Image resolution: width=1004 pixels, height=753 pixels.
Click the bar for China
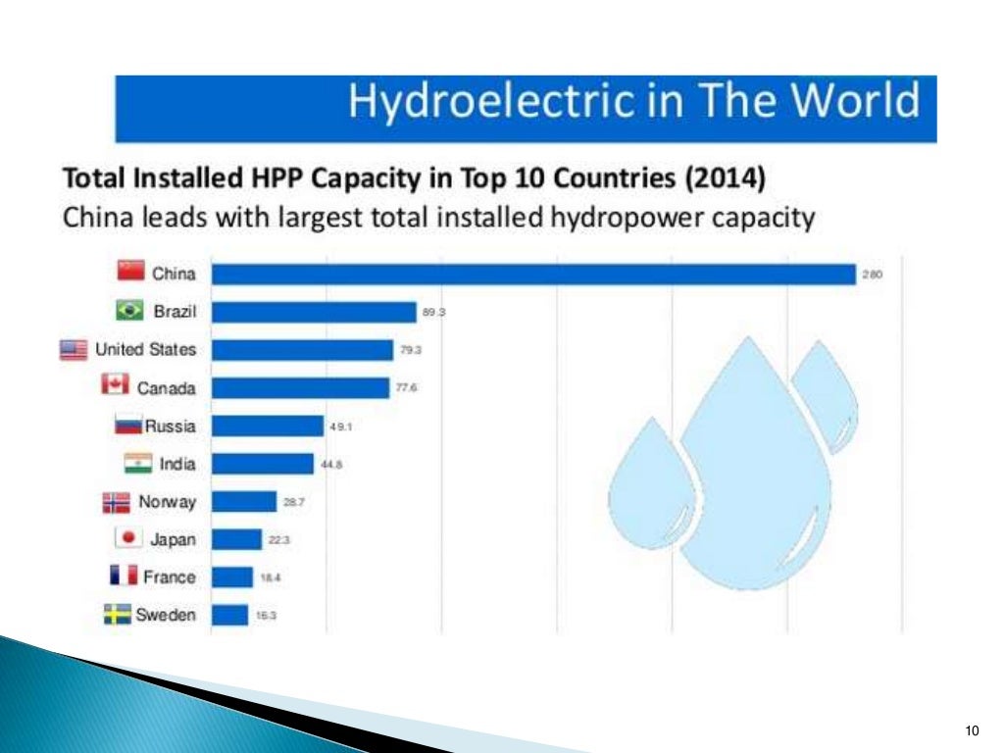point(534,275)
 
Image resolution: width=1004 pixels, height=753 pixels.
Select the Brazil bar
point(315,312)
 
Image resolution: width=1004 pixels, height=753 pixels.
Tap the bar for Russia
point(268,426)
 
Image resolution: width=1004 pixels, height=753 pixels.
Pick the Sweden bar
point(230,615)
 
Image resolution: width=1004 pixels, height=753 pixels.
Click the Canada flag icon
point(115,385)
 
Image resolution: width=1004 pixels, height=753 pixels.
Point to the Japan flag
point(129,538)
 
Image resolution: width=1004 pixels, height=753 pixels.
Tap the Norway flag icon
point(116,502)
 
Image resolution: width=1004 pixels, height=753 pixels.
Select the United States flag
point(74,349)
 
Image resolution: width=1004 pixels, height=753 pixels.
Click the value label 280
point(873,276)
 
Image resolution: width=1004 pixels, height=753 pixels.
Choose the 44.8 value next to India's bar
point(331,465)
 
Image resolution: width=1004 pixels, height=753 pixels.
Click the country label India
point(177,464)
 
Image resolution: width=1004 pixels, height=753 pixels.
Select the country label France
point(170,577)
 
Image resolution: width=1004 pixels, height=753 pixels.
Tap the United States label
point(145,349)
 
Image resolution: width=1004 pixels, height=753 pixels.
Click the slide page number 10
point(973,730)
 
